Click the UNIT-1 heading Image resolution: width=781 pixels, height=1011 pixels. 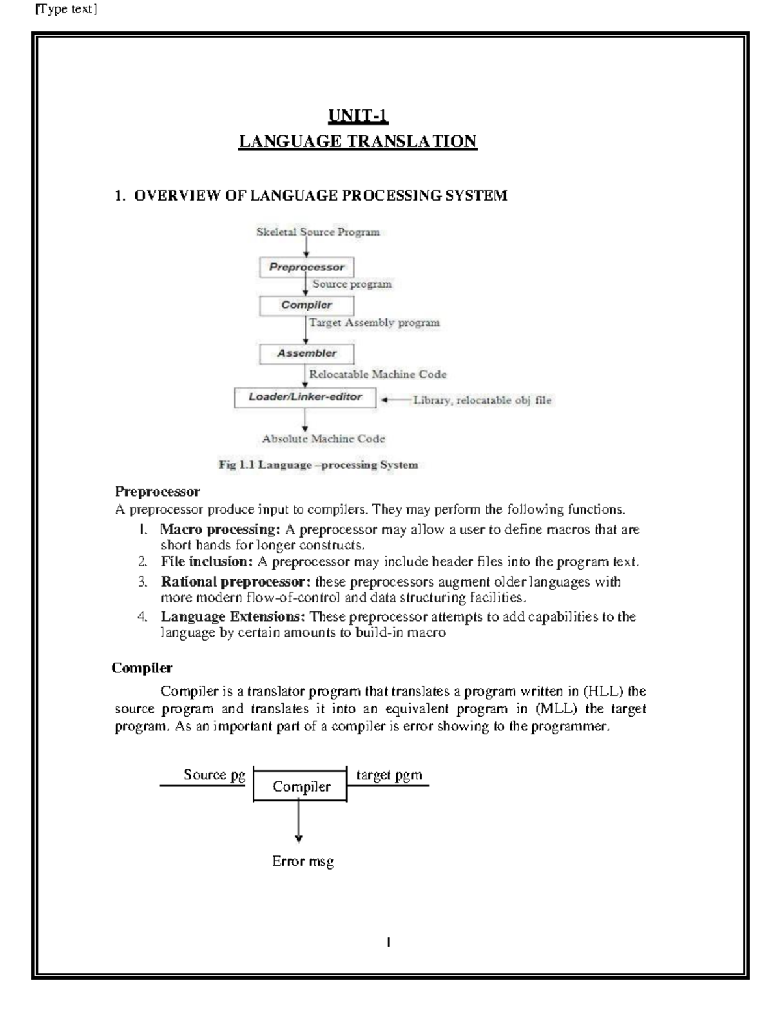[x=358, y=117]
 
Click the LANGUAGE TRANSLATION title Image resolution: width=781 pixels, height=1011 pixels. [x=358, y=141]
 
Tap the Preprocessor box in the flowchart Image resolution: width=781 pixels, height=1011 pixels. [x=307, y=267]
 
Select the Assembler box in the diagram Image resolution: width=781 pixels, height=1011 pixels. [x=307, y=353]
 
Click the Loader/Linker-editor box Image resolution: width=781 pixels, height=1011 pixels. [x=305, y=396]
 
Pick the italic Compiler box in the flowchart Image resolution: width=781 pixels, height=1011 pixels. [x=307, y=305]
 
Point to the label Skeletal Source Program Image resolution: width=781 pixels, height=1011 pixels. [x=318, y=232]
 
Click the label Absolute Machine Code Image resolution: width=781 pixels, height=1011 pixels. [x=323, y=439]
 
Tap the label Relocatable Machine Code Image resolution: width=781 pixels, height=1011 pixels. [x=377, y=374]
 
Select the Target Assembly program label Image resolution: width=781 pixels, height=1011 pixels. [x=374, y=322]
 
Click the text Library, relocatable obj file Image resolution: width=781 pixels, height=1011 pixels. [x=482, y=400]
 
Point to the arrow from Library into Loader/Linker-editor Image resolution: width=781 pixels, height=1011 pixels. [x=395, y=400]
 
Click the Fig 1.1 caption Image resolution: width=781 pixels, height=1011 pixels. [x=318, y=465]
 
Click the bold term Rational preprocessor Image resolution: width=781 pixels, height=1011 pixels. [x=236, y=581]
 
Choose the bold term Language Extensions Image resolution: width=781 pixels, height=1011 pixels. [x=233, y=616]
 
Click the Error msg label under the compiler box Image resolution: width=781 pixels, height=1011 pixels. [x=303, y=861]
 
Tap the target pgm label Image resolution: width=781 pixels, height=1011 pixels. [x=389, y=775]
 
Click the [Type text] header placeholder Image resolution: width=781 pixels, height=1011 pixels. [x=65, y=9]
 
